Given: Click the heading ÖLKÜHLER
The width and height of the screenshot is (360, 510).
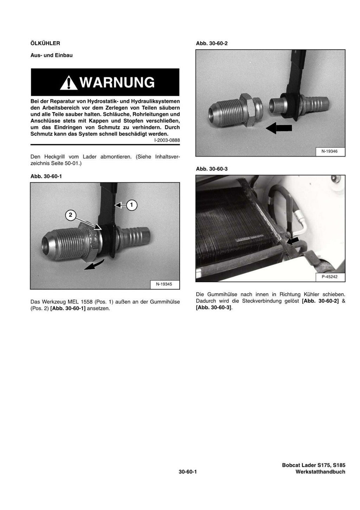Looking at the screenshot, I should (45, 43).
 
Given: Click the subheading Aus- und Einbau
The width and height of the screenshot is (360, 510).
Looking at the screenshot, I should (51, 55).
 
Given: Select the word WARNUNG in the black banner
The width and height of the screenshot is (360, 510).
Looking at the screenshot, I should (117, 83).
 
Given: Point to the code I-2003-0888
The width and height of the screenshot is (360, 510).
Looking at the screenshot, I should (167, 140).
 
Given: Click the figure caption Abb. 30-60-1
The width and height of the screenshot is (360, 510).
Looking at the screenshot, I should (46, 176).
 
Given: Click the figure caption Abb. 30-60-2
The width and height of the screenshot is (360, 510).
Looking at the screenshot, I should (212, 43).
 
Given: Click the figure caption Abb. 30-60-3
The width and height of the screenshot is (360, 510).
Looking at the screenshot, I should (212, 169).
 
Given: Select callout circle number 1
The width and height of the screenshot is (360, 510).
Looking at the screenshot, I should (131, 204).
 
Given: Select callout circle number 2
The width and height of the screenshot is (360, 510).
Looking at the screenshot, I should (70, 215).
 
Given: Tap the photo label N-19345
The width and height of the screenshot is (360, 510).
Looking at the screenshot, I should (164, 284).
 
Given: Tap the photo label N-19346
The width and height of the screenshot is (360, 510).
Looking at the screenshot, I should (329, 152).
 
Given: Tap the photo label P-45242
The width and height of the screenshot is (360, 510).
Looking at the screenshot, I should (329, 277).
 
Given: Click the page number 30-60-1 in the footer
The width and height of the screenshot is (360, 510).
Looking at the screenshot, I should (187, 472).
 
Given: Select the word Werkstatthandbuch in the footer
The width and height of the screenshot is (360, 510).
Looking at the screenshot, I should (320, 472).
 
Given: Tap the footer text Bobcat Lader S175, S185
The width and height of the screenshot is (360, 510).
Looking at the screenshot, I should (313, 465).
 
